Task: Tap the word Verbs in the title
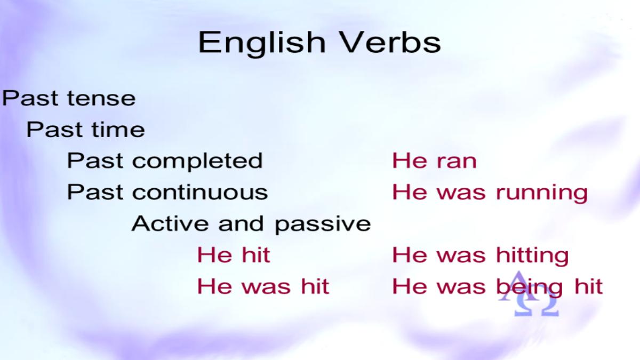pyautogui.click(x=390, y=42)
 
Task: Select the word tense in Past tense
pyautogui.click(x=101, y=99)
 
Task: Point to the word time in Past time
pyautogui.click(x=118, y=130)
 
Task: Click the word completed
pyautogui.click(x=197, y=162)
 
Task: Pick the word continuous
pyautogui.click(x=200, y=192)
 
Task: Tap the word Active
pyautogui.click(x=170, y=223)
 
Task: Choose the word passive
pyautogui.click(x=323, y=225)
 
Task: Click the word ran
pyautogui.click(x=457, y=162)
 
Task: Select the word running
pyautogui.click(x=542, y=194)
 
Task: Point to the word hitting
pyautogui.click(x=533, y=256)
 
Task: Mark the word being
pyautogui.click(x=530, y=287)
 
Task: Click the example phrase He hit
pyautogui.click(x=234, y=255)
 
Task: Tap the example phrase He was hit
pyautogui.click(x=263, y=286)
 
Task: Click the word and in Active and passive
pyautogui.click(x=241, y=223)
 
